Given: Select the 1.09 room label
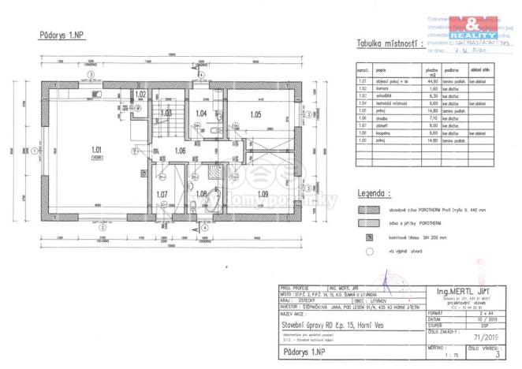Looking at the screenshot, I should tap(263, 193).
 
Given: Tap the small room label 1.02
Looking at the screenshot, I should tap(140, 95).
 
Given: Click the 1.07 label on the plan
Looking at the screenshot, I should tap(162, 194).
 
